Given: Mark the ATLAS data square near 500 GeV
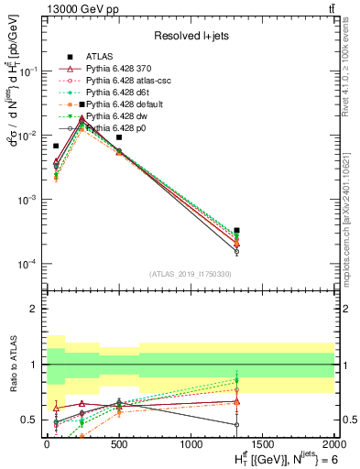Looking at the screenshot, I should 119,137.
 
